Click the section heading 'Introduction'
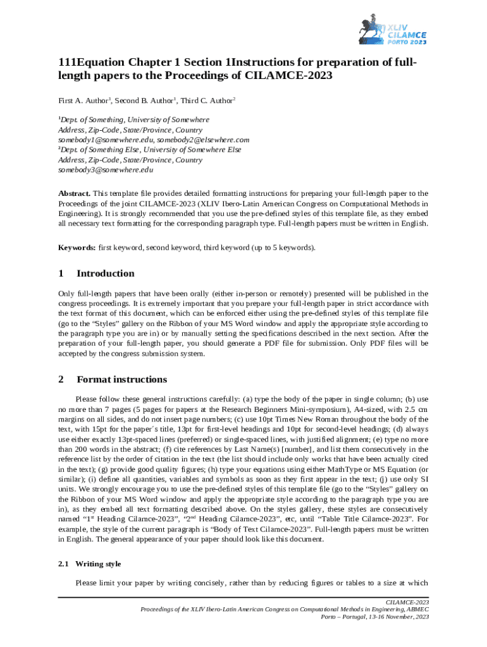pos(105,274)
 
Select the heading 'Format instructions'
pos(121,380)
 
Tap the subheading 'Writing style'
pos(98,564)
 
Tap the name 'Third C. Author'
pos(207,100)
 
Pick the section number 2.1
pos(64,564)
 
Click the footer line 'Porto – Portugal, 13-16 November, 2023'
pos(375,616)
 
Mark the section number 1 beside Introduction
pos(61,274)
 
